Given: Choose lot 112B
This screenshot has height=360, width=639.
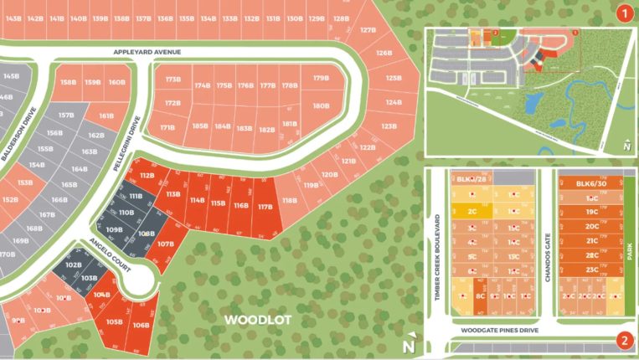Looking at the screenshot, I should click(147, 176).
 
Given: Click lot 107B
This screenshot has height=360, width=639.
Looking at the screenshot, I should click(165, 244).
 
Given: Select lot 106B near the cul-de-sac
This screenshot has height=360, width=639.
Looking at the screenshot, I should click(141, 325).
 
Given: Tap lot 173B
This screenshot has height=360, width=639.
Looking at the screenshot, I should click(173, 80).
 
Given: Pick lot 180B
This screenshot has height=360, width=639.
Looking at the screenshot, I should click(321, 106).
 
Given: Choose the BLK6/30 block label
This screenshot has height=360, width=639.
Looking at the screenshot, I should click(591, 184).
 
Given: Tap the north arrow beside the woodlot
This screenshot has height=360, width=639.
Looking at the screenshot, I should click(409, 342).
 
